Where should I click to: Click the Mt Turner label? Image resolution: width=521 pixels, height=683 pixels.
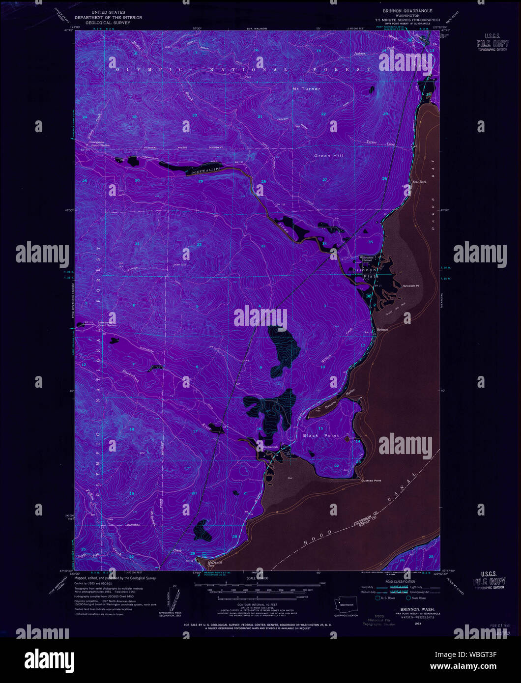click(x=306, y=89)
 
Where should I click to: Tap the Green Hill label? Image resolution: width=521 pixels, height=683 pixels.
click(x=329, y=156)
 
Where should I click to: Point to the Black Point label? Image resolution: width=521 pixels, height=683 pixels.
click(x=320, y=436)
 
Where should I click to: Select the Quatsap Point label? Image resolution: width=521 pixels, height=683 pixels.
click(x=371, y=481)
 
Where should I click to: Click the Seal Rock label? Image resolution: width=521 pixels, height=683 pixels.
click(x=419, y=182)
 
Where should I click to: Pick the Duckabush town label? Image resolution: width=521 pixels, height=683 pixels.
click(x=270, y=447)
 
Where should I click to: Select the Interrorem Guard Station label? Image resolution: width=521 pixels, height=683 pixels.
click(x=107, y=324)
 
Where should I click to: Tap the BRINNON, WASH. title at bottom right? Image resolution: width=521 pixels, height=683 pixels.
click(x=412, y=609)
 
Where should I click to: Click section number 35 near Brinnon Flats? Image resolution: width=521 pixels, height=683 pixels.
click(x=371, y=242)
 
